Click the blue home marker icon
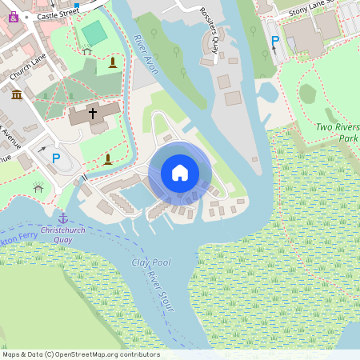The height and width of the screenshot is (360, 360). coord(180,172)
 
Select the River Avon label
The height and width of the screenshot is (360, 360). coord(146,55)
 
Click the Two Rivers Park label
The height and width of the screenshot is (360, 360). coord(337,132)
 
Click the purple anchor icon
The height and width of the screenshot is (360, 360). coord(62,218)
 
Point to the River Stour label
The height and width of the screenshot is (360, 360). coord(160,292)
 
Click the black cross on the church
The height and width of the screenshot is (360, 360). coord(93,114)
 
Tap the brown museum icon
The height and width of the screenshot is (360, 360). coord(17,95)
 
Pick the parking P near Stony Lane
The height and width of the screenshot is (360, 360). coord(275,42)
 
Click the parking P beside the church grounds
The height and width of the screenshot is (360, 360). coord(56,158)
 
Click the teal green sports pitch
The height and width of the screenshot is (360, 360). coord(94,34)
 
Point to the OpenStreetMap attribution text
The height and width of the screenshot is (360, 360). coord(81,354)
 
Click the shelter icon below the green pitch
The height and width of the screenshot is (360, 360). coord(87,50)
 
